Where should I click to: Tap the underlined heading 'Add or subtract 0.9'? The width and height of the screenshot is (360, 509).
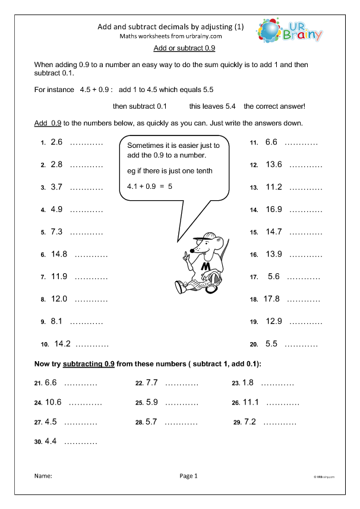(x=179, y=48)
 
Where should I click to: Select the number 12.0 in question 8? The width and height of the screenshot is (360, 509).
(x=59, y=299)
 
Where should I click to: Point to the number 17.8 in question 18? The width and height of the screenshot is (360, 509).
(x=271, y=299)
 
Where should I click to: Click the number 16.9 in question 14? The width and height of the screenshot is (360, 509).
(x=273, y=210)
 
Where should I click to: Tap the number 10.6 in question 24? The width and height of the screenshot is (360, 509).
(x=53, y=402)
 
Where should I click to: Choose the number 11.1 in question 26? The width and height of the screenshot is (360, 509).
(x=251, y=402)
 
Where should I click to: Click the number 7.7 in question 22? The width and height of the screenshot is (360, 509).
(x=151, y=382)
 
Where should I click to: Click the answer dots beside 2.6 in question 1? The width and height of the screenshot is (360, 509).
(x=86, y=143)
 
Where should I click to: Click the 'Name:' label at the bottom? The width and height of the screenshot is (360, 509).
(x=43, y=476)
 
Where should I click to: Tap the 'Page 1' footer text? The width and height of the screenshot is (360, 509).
(x=188, y=476)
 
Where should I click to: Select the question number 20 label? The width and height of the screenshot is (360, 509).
(x=253, y=344)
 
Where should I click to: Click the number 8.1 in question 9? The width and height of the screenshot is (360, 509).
(x=57, y=321)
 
